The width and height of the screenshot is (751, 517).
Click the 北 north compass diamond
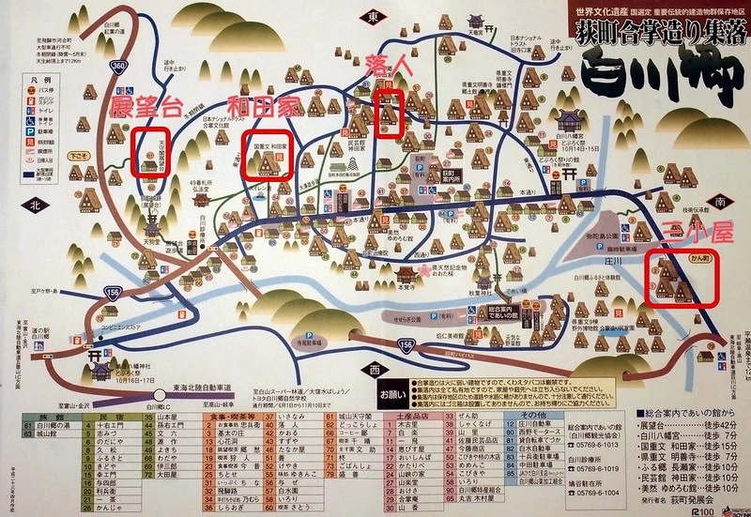tap(37, 205)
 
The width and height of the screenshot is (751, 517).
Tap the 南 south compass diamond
tap(719, 200)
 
